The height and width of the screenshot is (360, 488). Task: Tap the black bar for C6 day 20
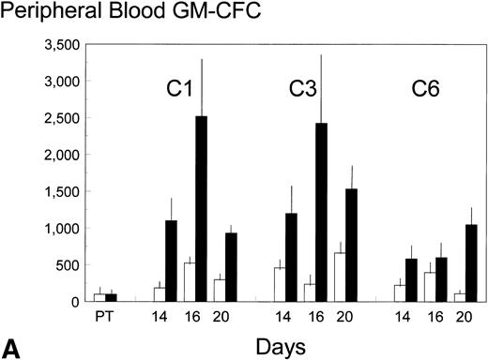pyautogui.click(x=470, y=263)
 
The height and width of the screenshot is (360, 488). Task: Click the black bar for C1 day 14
pyautogui.click(x=171, y=261)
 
